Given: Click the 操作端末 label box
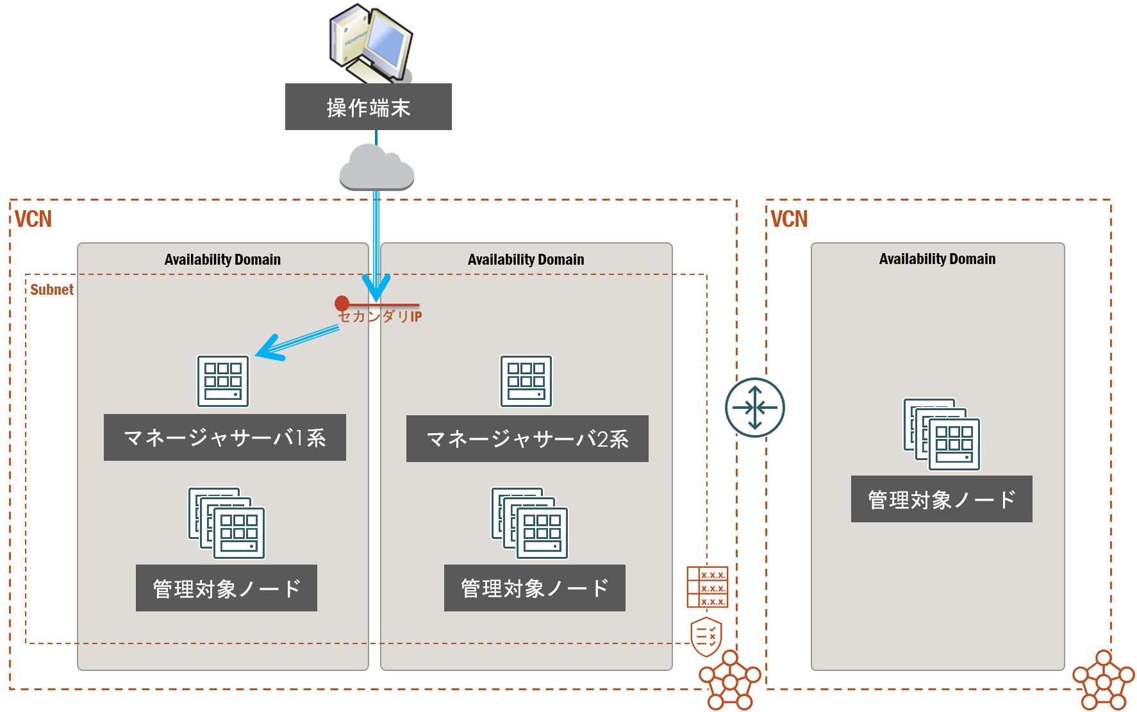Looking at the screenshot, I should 368,107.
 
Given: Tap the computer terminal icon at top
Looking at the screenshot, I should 370,42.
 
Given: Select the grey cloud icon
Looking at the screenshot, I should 376,168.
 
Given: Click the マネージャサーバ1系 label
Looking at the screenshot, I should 224,438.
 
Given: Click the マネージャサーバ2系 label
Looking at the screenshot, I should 527,439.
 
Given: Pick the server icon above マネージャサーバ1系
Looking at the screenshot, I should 222,381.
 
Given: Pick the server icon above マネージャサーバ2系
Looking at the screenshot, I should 526,381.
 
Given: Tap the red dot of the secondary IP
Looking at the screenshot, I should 342,303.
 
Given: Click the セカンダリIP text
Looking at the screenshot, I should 380,317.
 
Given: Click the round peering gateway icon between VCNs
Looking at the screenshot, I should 754,407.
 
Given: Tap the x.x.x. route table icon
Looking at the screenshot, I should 707,587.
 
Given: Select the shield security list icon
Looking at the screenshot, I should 706,636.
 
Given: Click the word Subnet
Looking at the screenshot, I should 52,290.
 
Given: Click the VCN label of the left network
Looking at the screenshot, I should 33,219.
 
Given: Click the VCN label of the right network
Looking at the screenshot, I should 789,219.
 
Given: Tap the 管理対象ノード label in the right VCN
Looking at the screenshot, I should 941,499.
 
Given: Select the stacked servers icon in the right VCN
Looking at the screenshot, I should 942,434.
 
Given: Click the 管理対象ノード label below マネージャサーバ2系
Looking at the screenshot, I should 534,588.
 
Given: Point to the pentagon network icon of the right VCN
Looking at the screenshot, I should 1103,681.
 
